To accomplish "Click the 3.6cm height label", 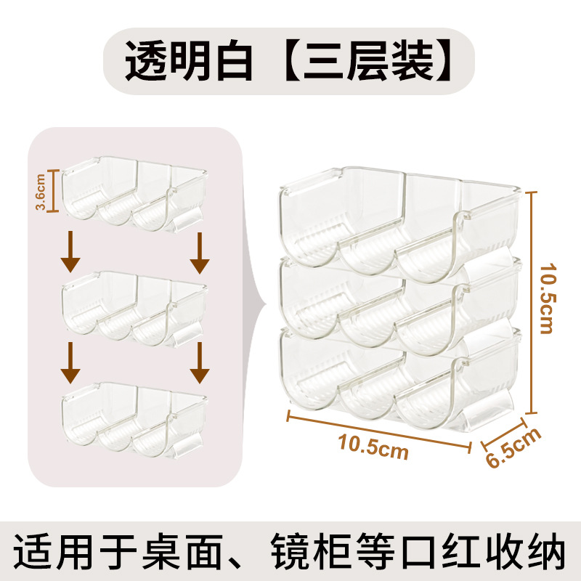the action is pos(41,190).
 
